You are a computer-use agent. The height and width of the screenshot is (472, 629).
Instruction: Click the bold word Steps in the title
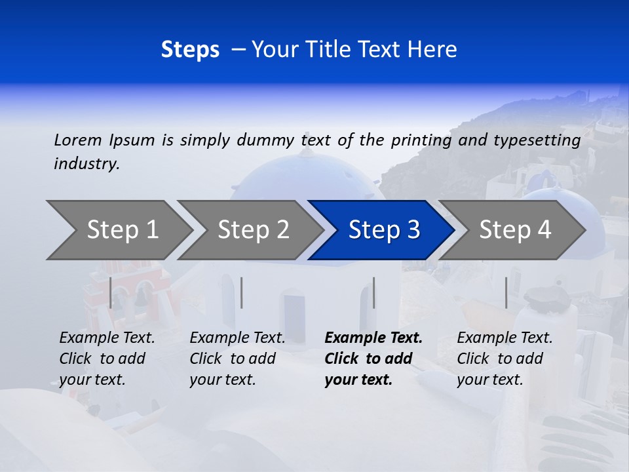pyautogui.click(x=190, y=50)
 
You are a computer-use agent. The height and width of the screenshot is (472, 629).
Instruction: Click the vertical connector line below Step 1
pyautogui.click(x=111, y=292)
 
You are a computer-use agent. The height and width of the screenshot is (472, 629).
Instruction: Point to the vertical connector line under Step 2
pyautogui.click(x=242, y=292)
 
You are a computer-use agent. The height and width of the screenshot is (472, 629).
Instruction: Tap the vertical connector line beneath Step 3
pyautogui.click(x=373, y=292)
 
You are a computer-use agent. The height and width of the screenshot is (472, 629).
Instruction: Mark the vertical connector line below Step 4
pyautogui.click(x=506, y=292)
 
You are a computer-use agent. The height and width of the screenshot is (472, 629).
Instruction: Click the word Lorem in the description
pyautogui.click(x=78, y=140)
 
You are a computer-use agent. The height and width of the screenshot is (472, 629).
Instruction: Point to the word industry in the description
pyautogui.click(x=86, y=164)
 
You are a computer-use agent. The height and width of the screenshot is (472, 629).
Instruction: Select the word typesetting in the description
pyautogui.click(x=537, y=140)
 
